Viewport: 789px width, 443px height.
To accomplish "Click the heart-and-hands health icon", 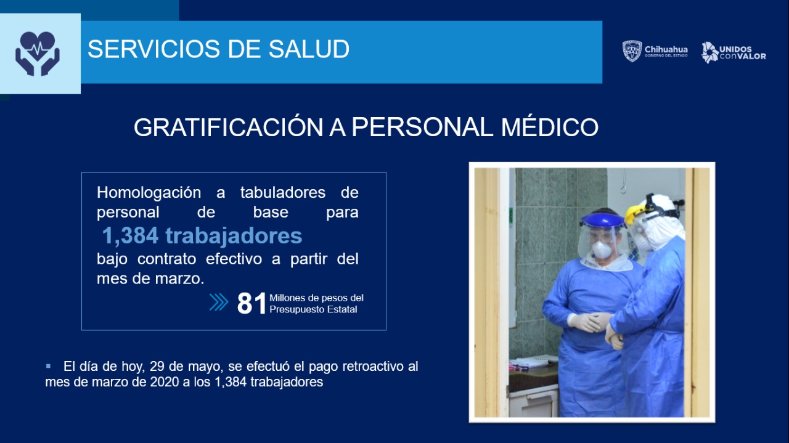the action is (38, 54).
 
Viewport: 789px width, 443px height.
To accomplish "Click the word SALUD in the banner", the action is (309, 49).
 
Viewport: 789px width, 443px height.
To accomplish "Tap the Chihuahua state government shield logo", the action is (632, 51).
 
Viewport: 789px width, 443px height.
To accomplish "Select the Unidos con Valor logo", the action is (734, 52).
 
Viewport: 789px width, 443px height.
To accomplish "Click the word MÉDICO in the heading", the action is (549, 127).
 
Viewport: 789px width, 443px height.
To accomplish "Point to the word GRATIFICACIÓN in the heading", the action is (229, 127).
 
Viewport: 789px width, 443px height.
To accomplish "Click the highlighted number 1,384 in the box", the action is (130, 235).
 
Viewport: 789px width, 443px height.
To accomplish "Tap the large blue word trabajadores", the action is (234, 235).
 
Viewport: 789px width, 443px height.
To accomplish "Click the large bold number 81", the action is (251, 303).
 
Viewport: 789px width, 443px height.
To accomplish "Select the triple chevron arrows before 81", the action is (219, 302).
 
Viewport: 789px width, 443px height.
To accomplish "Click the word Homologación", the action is (149, 193).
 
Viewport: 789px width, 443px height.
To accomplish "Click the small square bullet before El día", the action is (48, 366).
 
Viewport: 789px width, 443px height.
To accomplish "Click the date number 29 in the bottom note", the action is (157, 367).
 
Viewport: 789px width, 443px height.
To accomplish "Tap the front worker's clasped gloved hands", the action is (588, 322).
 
